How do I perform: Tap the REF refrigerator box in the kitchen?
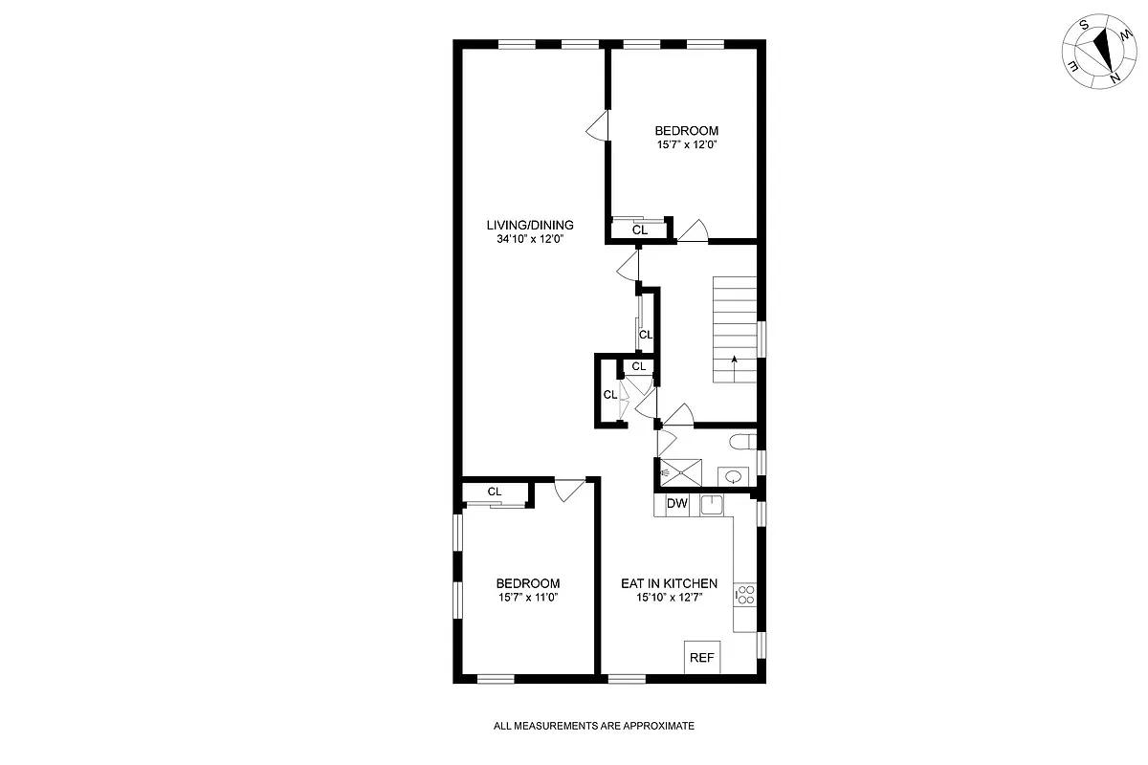coord(702,658)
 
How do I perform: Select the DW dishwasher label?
coord(677,504)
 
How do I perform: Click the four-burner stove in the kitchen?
coord(745,596)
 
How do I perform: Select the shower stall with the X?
coord(680,471)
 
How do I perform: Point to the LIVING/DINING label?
coord(530,225)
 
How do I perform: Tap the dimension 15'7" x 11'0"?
coord(527,598)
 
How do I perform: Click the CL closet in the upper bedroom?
coord(640,230)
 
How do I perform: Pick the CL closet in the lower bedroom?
coord(495,492)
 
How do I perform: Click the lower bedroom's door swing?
coord(568,489)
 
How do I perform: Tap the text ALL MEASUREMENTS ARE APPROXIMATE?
coord(594,726)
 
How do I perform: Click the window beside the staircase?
coord(762,340)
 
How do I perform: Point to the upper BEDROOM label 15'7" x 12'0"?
coord(686,131)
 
